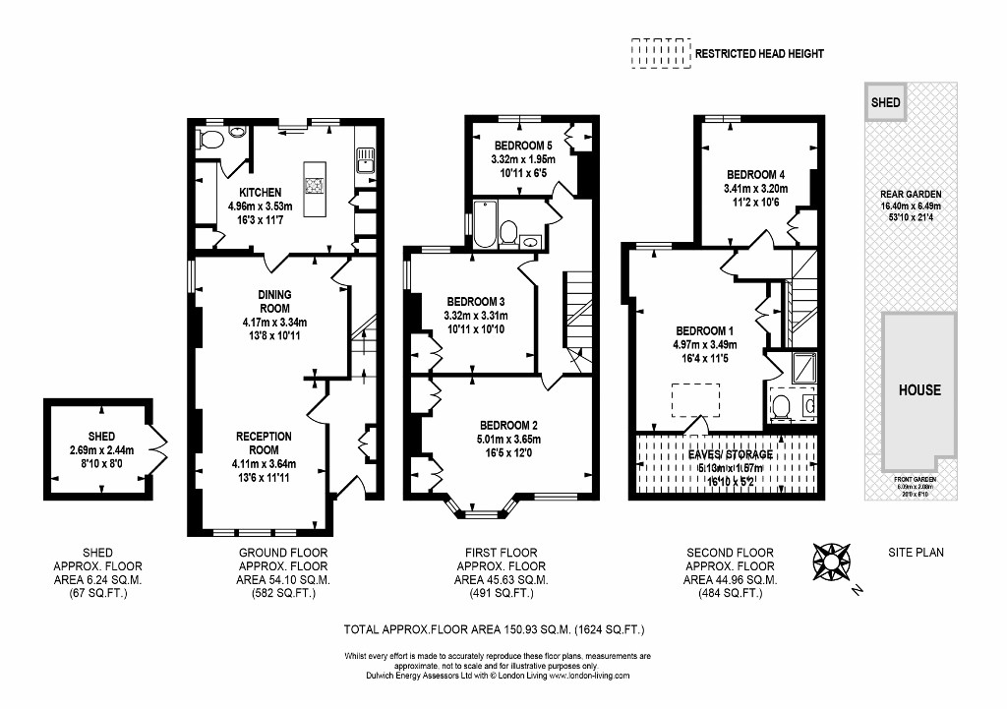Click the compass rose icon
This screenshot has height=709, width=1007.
[832, 561]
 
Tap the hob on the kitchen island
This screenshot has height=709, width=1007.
[315, 185]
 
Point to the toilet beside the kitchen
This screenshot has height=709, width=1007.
[208, 140]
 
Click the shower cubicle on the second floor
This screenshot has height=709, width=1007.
[802, 368]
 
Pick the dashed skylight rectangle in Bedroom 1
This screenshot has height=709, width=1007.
[695, 400]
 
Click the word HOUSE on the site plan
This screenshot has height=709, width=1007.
[918, 390]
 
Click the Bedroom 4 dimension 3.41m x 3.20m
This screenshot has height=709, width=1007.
[757, 190]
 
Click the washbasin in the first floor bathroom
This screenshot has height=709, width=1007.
[530, 241]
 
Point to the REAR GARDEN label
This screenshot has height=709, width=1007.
[910, 195]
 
